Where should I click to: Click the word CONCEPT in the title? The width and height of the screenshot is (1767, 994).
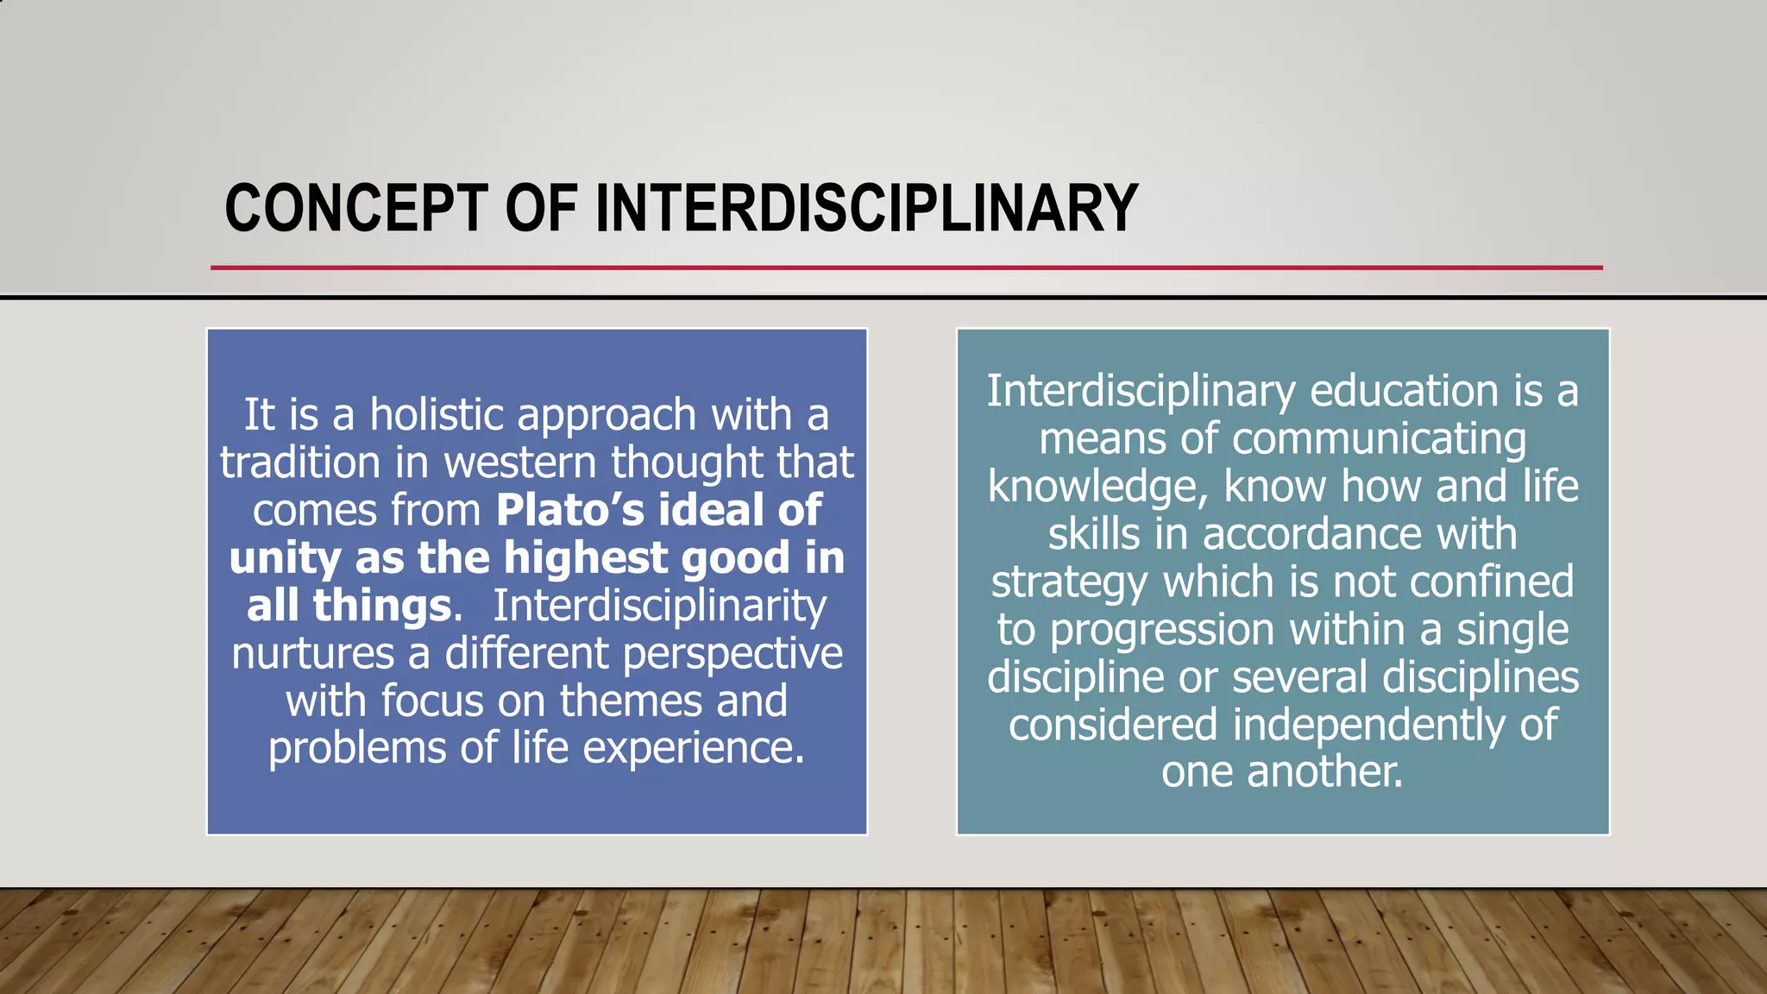pos(355,209)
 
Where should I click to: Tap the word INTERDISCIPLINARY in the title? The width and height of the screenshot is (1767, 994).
pos(866,209)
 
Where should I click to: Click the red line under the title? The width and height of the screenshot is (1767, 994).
pos(906,267)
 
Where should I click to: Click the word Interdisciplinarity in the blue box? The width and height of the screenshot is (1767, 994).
pos(659,606)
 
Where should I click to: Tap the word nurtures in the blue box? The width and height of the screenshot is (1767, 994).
pos(312,653)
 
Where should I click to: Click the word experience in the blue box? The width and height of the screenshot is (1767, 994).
pos(693,748)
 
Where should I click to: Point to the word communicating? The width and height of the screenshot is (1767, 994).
pos(1378,439)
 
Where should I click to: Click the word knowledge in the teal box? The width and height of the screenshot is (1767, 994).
pos(1092,487)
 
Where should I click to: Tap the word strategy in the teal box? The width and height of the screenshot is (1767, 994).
pos(1069,582)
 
